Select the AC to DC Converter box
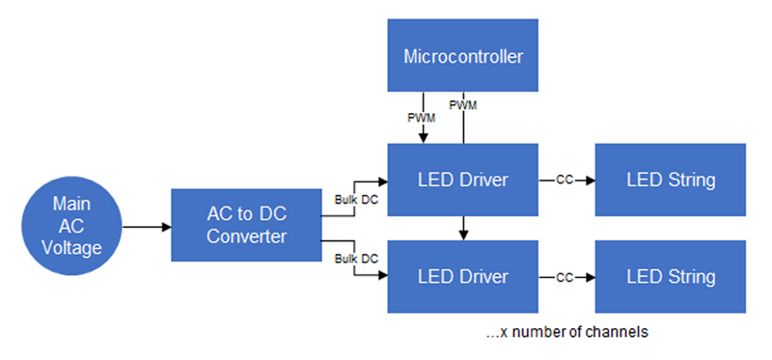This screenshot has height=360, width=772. [x=246, y=225]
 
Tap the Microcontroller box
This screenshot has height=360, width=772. [x=462, y=56]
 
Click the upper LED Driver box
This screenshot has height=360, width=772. [x=462, y=180]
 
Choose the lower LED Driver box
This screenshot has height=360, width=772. [x=462, y=277]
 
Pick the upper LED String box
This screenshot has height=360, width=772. [x=671, y=180]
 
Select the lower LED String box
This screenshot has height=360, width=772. [x=671, y=277]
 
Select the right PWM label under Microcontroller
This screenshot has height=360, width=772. [x=463, y=104]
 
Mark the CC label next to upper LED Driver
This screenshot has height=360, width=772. [x=565, y=180]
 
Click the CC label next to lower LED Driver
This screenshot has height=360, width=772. [x=565, y=277]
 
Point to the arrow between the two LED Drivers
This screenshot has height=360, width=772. [x=464, y=229]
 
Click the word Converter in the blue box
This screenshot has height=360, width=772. [x=246, y=236]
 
